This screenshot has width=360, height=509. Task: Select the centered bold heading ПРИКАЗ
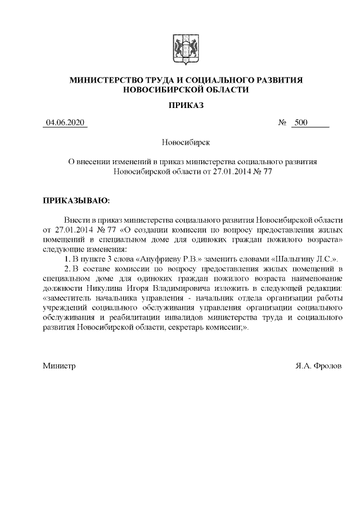(x=179, y=105)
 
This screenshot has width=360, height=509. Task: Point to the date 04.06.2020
(x=65, y=123)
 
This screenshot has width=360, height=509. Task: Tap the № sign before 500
(x=283, y=123)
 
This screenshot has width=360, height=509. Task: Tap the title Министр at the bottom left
(x=59, y=366)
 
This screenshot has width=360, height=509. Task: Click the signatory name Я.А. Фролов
(x=318, y=366)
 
